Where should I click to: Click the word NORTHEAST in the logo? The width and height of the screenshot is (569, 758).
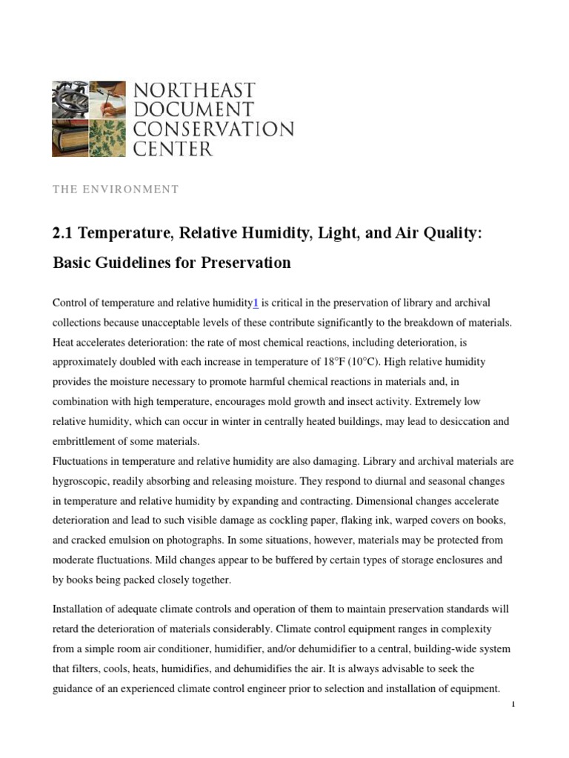(194, 92)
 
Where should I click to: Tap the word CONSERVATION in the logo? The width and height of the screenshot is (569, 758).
(213, 130)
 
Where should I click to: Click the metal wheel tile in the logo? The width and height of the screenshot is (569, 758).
(70, 99)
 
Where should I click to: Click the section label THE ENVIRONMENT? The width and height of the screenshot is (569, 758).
(115, 189)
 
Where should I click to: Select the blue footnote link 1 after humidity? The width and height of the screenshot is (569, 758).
(256, 303)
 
